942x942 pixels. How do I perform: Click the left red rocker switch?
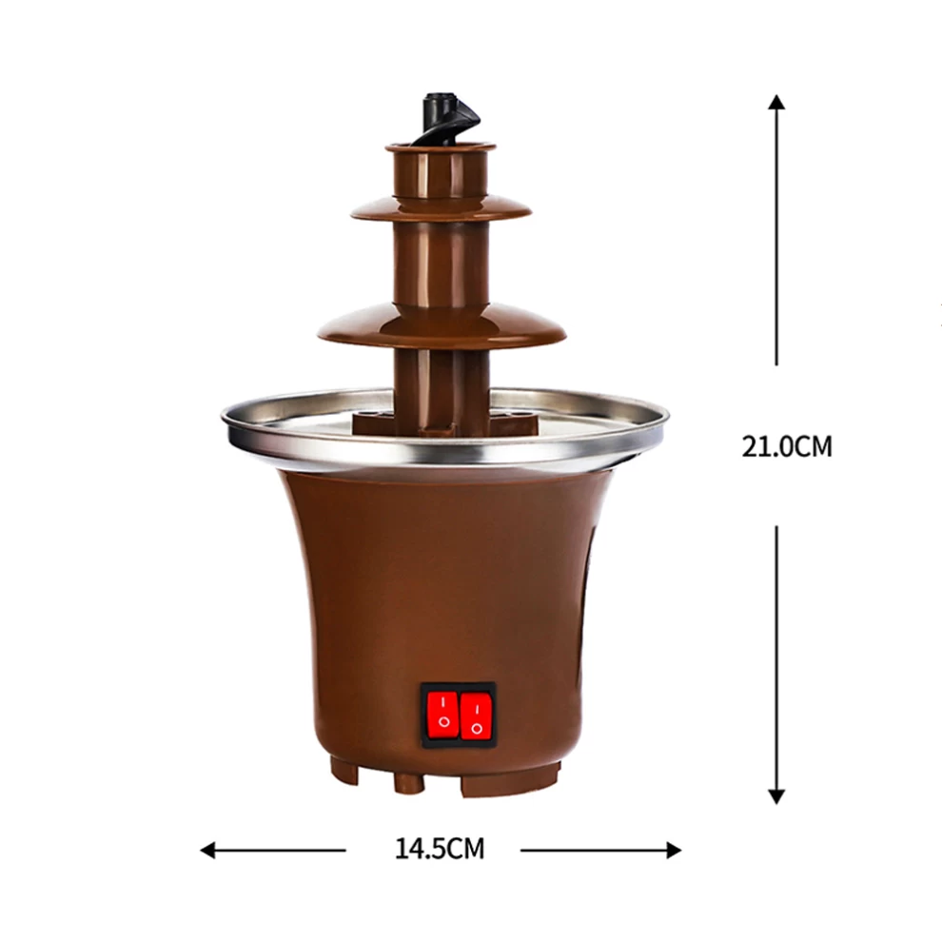[443, 713]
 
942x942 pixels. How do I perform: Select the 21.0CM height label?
[786, 446]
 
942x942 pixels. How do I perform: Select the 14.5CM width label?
[440, 849]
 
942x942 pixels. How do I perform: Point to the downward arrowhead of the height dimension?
[776, 796]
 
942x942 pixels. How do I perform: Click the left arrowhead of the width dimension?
[207, 850]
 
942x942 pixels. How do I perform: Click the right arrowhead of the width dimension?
[674, 850]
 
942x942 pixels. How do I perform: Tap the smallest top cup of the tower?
[441, 170]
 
